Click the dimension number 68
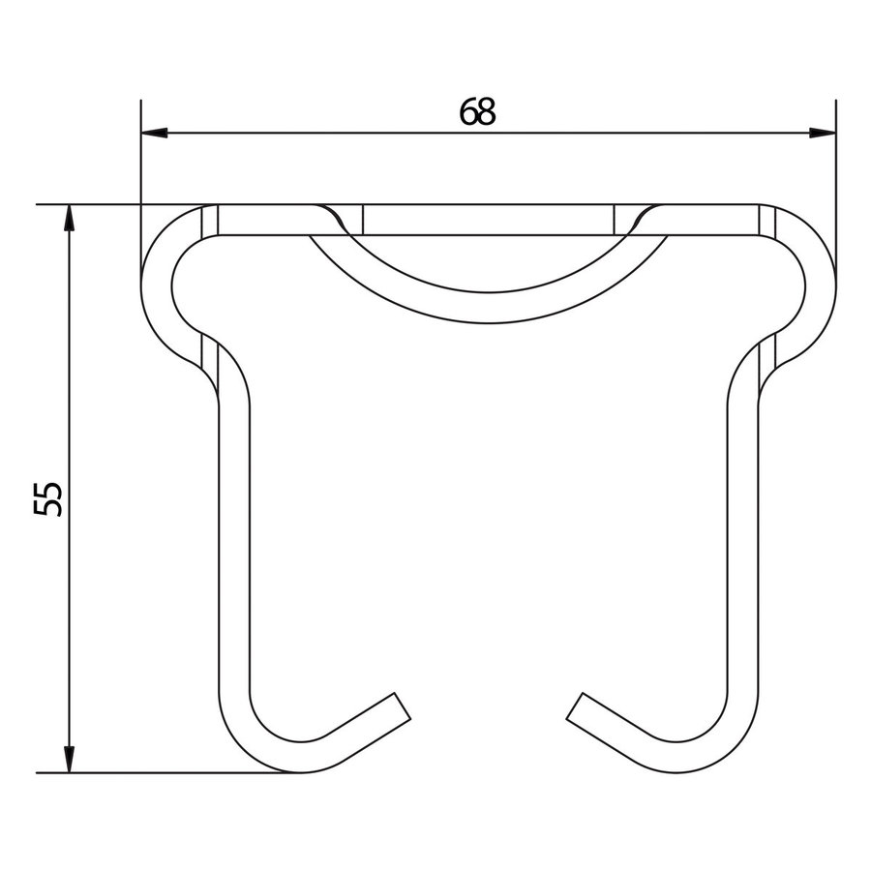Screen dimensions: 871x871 477,112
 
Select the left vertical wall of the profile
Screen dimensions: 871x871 232,542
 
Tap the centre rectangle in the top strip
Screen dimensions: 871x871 489,220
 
